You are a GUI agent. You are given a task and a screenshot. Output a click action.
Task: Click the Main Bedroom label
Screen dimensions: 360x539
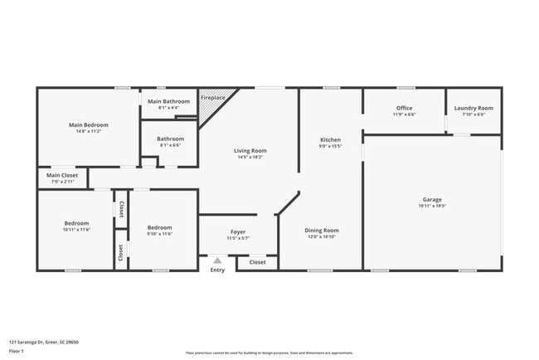pos(88,125)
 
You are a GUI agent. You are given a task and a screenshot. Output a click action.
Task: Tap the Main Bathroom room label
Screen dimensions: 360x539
pos(169,101)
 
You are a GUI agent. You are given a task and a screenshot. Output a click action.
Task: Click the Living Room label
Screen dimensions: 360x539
pos(252,150)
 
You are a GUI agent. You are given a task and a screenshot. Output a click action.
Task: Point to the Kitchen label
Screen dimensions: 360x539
pos(330,140)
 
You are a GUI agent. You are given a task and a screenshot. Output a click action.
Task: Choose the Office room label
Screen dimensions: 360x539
pos(404,108)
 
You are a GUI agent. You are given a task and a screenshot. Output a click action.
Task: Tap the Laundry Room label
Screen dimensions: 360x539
pos(473,108)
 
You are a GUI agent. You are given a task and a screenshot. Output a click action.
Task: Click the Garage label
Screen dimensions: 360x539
pos(431,199)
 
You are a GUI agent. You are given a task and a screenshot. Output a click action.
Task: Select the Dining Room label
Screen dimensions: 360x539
pos(321,230)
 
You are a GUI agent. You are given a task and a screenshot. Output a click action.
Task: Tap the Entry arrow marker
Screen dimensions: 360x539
pos(217,260)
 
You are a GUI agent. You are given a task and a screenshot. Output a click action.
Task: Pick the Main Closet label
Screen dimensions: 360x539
pos(62,175)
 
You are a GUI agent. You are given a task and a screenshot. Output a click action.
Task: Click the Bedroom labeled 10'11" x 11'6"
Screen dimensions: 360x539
pos(76,223)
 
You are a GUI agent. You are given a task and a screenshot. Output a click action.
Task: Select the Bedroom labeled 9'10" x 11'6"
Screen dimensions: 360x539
pos(159,227)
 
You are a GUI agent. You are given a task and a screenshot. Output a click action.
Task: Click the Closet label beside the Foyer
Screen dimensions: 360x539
pos(258,262)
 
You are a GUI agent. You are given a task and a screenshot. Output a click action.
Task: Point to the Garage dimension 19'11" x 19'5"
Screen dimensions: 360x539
pos(431,206)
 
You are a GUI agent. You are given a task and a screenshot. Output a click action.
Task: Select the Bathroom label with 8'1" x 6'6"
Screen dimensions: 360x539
pos(170,139)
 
